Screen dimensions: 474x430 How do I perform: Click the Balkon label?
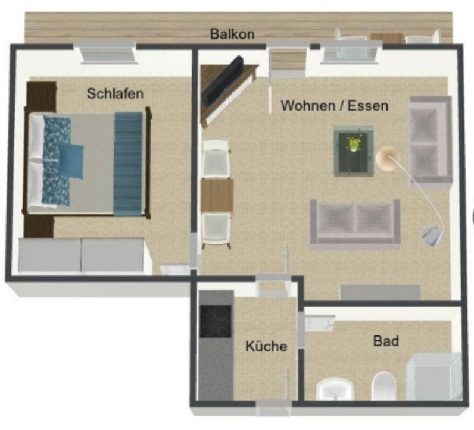(232, 34)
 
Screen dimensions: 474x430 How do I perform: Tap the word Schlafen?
(115, 93)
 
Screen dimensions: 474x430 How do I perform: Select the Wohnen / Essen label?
(335, 106)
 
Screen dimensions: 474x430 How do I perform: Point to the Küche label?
(266, 346)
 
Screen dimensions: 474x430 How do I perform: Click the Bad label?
(386, 341)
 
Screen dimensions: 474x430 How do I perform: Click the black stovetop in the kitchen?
(216, 321)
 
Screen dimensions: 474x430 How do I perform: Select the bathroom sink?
(335, 389)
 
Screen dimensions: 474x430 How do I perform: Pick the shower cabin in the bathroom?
(435, 377)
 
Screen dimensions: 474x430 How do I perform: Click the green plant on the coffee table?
(353, 144)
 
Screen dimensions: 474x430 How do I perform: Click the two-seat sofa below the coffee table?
(355, 224)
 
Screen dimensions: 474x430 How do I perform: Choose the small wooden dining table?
(217, 196)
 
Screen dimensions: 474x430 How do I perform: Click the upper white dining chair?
(215, 158)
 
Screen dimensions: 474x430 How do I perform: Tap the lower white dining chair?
(216, 230)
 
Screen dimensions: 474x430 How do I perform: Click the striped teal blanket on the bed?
(128, 164)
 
